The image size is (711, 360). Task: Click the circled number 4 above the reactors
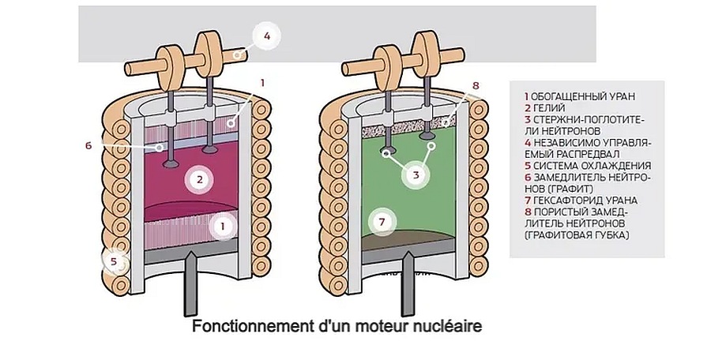pos(267,36)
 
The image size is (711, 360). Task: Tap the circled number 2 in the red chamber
pos(201,179)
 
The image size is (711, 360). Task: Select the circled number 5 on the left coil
pos(115,261)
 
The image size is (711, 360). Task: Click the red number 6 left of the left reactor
pos(89,145)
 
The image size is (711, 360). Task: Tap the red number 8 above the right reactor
pos(476,85)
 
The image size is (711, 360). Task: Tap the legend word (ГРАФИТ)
pos(541,189)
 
